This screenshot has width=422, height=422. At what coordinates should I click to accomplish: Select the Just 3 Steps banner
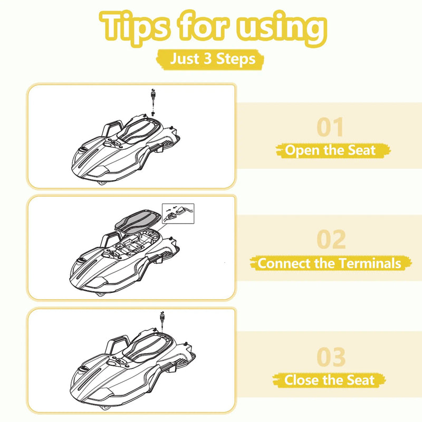click(x=210, y=59)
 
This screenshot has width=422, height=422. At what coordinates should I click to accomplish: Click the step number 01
click(x=330, y=127)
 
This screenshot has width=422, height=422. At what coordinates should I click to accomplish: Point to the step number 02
click(x=331, y=239)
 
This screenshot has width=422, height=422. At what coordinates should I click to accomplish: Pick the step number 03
click(x=331, y=357)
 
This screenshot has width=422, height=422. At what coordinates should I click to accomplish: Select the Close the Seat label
click(x=329, y=380)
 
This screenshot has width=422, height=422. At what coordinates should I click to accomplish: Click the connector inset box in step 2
click(x=178, y=214)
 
